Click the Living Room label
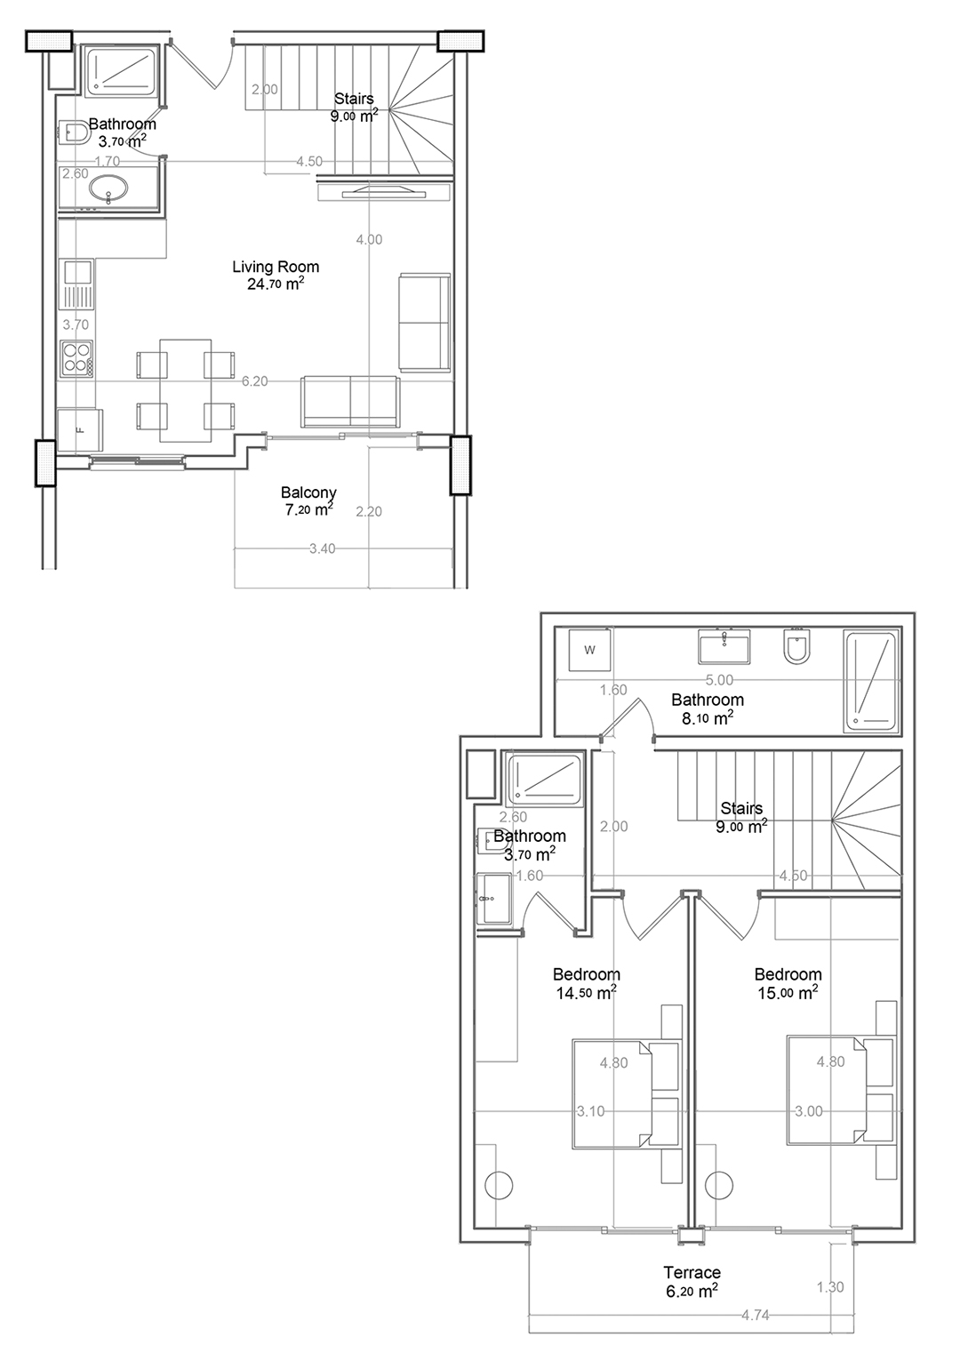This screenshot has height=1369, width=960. click(276, 267)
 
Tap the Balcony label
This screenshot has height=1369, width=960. click(308, 492)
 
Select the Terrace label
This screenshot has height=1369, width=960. click(692, 1272)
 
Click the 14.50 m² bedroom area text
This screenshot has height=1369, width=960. click(586, 993)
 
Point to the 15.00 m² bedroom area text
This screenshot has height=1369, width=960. click(788, 993)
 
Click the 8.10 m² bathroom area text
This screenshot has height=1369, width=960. click(708, 718)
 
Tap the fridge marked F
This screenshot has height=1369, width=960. click(80, 430)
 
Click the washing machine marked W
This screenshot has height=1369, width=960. click(589, 651)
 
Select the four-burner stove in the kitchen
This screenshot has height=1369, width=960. click(77, 357)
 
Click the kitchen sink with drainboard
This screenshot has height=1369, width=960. click(77, 284)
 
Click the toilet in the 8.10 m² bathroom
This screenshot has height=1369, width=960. click(796, 646)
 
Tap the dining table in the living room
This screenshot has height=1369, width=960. click(186, 390)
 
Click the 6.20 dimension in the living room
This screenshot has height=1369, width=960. click(255, 381)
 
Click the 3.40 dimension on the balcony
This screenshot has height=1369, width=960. click(322, 548)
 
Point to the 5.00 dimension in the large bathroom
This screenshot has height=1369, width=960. click(719, 679)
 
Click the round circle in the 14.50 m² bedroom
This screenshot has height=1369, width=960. click(499, 1185)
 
